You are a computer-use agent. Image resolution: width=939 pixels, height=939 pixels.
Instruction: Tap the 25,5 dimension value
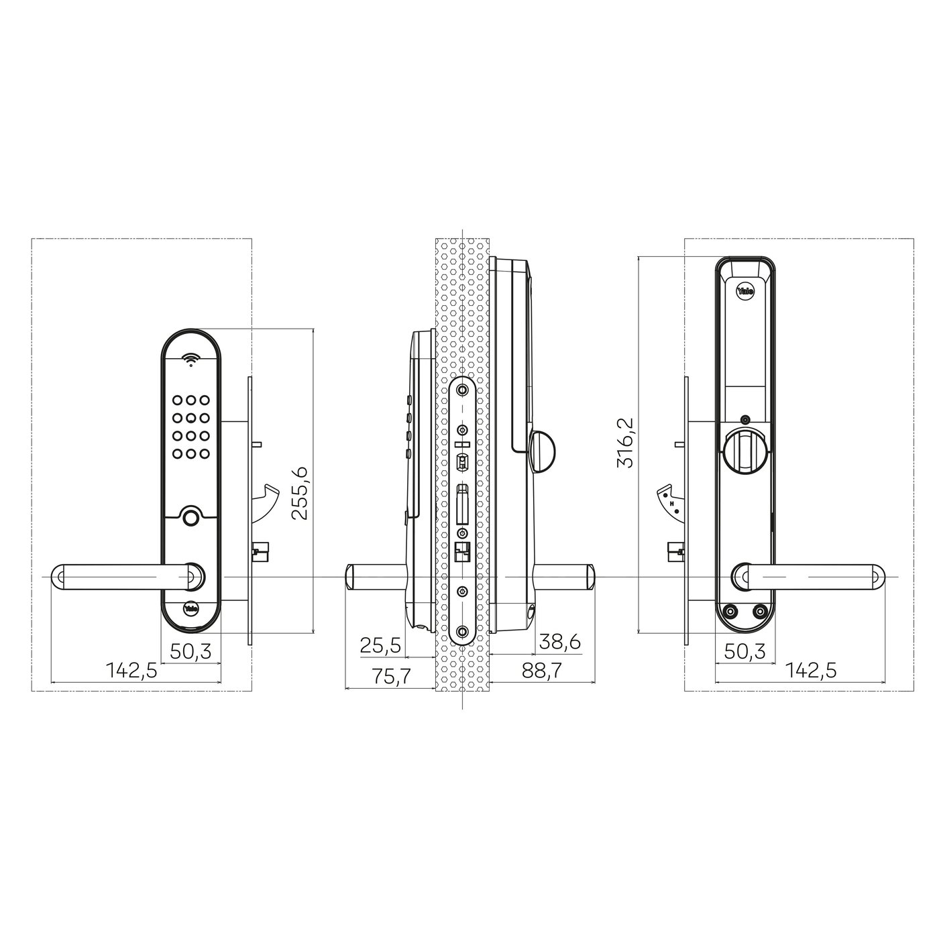point(380,645)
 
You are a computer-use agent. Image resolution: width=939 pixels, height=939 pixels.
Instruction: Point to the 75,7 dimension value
point(391,677)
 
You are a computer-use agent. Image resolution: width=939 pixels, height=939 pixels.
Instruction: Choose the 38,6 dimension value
point(560,643)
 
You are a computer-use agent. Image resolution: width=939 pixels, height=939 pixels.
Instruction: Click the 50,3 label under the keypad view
point(190,652)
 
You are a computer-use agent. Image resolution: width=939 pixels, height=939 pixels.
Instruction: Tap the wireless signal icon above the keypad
point(191,360)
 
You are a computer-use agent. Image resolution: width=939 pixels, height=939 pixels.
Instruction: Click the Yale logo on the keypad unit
point(190,609)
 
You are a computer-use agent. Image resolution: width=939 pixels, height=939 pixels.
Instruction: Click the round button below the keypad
point(190,517)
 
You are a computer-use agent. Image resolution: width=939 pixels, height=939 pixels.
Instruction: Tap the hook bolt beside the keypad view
point(270,498)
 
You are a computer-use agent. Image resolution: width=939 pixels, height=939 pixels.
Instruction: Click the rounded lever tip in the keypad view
point(59,577)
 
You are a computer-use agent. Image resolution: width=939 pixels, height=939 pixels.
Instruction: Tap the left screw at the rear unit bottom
point(730,611)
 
